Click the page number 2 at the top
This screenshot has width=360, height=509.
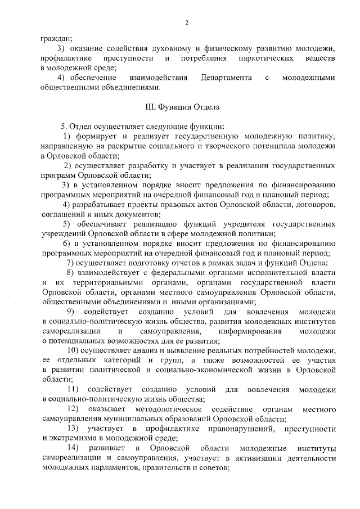(186, 22)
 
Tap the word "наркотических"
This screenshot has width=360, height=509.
(262, 58)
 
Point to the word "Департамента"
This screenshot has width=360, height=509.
(224, 77)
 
